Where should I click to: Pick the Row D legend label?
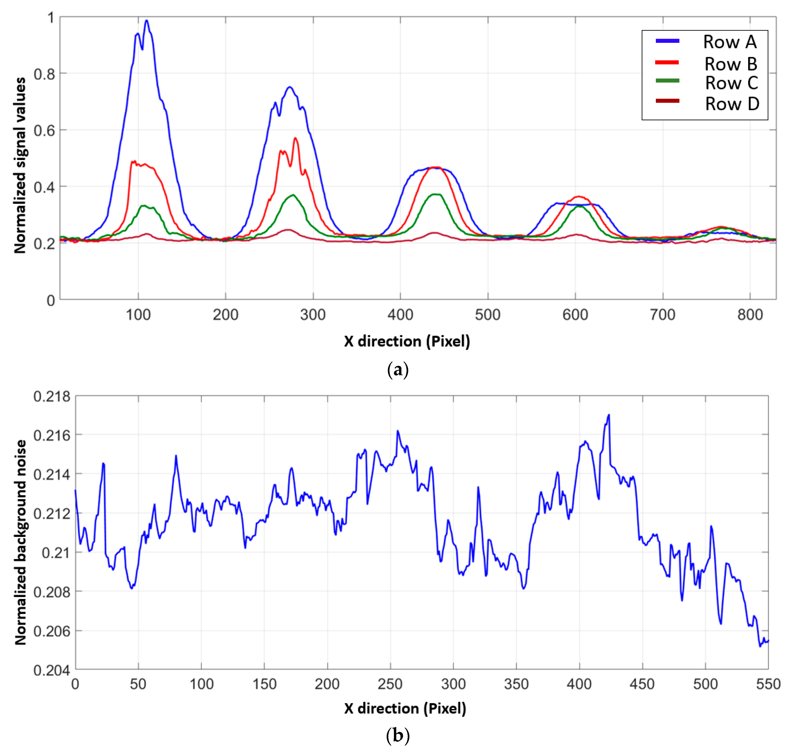[732, 104]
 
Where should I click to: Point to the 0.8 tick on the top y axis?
[44, 74]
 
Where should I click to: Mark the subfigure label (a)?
[398, 369]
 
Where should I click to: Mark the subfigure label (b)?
[398, 735]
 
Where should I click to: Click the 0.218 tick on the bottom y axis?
[51, 396]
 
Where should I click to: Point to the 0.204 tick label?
[51, 670]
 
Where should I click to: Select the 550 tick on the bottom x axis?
[768, 684]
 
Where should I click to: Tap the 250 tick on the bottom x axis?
[390, 684]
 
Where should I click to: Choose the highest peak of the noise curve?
[609, 415]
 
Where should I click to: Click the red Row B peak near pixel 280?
[296, 138]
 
